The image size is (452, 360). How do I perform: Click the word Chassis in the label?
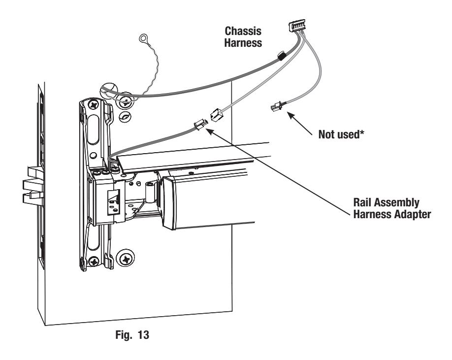(243, 31)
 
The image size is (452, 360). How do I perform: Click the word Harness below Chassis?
(243, 43)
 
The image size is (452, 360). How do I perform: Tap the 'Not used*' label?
(341, 134)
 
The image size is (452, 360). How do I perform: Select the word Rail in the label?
(363, 202)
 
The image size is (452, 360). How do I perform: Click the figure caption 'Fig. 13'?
(132, 334)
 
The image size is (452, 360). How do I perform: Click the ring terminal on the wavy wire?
(143, 38)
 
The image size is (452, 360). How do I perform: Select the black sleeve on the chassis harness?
(281, 56)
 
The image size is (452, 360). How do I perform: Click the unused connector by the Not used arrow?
(276, 107)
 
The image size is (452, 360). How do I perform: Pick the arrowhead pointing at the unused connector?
(291, 115)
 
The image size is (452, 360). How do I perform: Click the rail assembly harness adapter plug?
(200, 125)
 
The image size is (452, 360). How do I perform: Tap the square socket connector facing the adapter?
(217, 115)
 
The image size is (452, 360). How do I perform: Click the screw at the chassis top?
(94, 105)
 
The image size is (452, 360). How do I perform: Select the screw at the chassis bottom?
(94, 262)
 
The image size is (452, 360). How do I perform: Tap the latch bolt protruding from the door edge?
(33, 185)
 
